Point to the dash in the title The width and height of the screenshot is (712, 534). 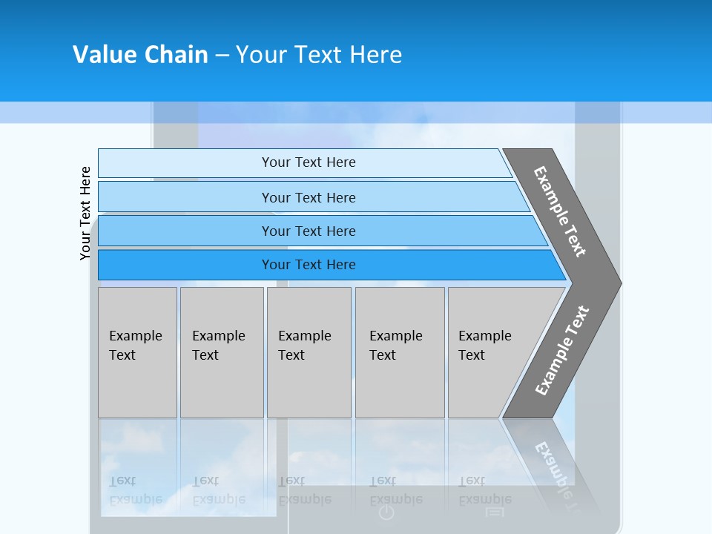(x=222, y=56)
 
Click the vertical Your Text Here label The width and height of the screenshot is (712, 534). (x=86, y=213)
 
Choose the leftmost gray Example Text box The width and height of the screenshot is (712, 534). (x=137, y=352)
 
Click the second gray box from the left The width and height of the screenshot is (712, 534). (x=222, y=352)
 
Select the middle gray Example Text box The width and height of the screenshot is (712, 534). (x=309, y=352)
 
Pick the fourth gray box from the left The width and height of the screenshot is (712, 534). (x=400, y=352)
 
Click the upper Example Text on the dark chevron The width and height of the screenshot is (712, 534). (x=560, y=211)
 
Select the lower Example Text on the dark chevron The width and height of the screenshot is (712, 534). (x=562, y=350)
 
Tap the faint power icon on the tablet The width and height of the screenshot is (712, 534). (x=386, y=512)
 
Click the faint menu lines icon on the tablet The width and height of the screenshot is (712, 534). (x=495, y=512)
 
